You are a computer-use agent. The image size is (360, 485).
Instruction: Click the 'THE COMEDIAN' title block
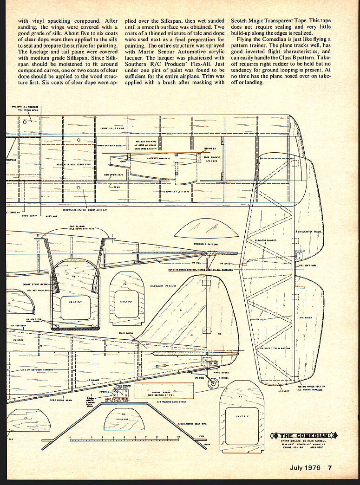(x=306, y=435)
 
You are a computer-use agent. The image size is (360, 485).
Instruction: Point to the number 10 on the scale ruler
(x=179, y=437)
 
